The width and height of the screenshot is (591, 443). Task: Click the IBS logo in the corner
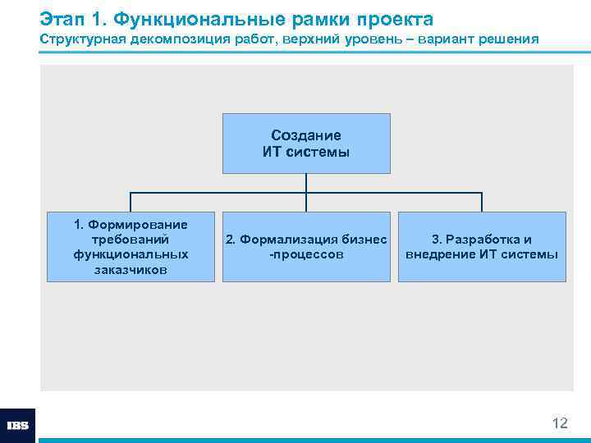click(17, 426)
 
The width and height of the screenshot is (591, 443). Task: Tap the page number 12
click(560, 423)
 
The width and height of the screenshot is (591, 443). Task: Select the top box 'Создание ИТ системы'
click(306, 144)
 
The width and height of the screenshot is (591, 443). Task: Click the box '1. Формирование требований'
click(131, 247)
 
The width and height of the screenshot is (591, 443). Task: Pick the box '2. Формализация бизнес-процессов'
click(306, 247)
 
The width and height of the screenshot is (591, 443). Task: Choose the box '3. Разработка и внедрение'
click(482, 247)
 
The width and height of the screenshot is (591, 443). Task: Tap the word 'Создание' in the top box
click(306, 135)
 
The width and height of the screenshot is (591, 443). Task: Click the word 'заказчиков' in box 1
click(131, 270)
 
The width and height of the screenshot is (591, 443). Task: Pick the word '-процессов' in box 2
click(306, 254)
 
